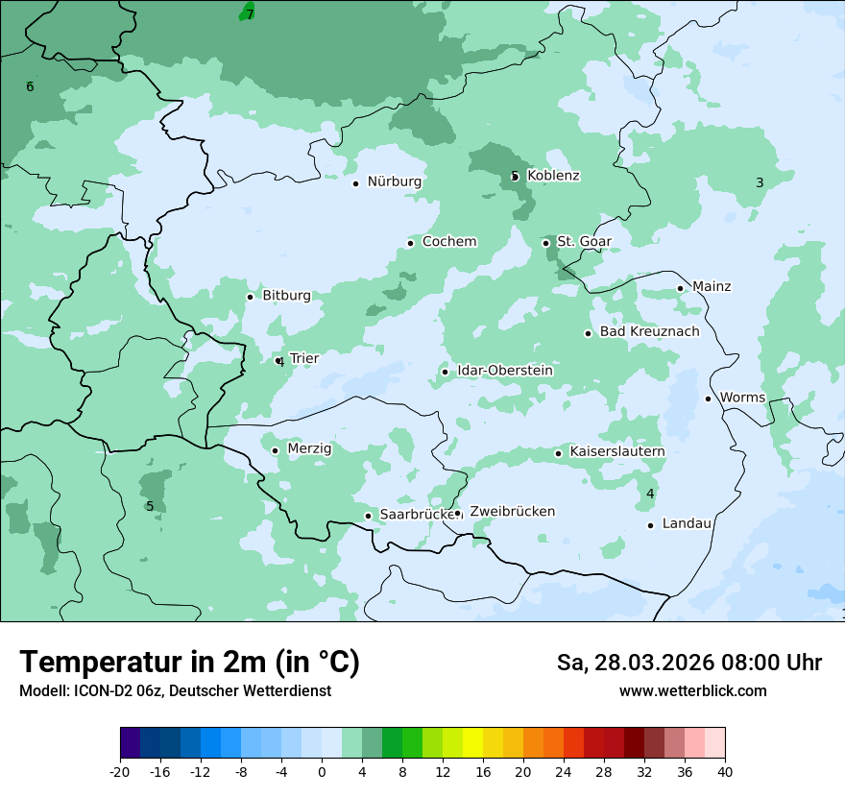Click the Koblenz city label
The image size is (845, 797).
click(553, 176)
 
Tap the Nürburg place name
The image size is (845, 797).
click(394, 181)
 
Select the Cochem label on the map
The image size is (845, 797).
click(448, 242)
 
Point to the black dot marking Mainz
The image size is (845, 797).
click(680, 288)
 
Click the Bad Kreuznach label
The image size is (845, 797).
click(649, 332)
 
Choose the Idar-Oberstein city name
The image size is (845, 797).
click(504, 371)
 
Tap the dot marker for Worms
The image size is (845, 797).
click(708, 398)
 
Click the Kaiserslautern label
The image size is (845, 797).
click(616, 451)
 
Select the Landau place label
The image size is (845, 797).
click(687, 523)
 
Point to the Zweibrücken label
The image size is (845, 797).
click(512, 512)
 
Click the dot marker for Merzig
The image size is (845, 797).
click(275, 450)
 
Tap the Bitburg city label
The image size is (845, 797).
click(286, 296)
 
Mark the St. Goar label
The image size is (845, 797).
click(584, 242)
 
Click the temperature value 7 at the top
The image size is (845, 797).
click(250, 14)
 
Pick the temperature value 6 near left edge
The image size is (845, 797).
click(30, 87)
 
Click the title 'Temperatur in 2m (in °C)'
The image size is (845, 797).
click(189, 663)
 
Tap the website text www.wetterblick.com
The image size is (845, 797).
click(692, 690)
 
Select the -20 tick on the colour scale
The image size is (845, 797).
click(120, 771)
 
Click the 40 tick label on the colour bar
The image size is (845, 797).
click(725, 771)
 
